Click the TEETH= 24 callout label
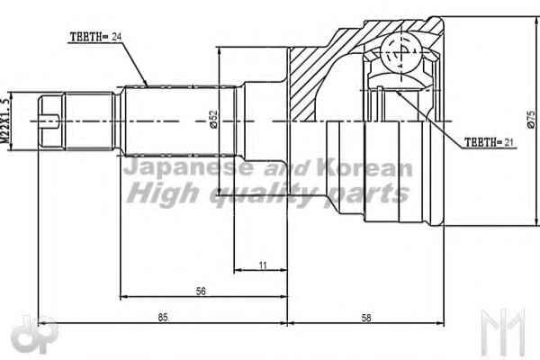coord(95,37)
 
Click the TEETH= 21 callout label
coord(489,142)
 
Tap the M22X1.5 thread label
coord(5,121)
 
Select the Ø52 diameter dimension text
coord(213,119)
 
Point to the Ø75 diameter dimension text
coord(531,120)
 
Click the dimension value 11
coord(263,265)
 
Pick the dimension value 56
coord(201,291)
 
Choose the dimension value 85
coord(163,318)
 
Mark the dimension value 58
coord(366,318)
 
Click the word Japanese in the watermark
coord(188,168)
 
